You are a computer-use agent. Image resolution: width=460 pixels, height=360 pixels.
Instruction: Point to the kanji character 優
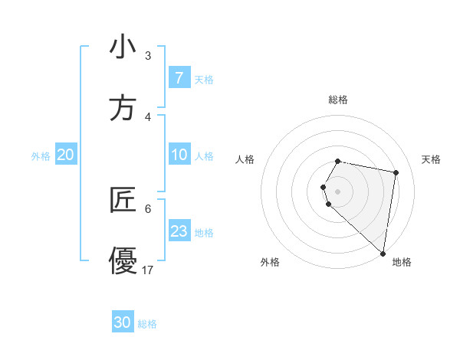click(123, 260)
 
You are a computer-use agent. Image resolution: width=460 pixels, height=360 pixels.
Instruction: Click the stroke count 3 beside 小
click(148, 56)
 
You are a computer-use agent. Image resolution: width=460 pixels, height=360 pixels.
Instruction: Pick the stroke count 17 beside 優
click(148, 270)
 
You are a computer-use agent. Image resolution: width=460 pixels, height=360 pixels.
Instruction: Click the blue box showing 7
click(179, 78)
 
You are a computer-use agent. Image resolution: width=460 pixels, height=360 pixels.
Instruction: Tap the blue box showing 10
click(179, 155)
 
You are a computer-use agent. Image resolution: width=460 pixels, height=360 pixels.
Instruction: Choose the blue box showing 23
click(179, 231)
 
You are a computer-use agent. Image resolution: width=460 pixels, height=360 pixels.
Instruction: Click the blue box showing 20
click(66, 155)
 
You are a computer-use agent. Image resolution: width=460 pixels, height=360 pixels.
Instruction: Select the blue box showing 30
click(123, 322)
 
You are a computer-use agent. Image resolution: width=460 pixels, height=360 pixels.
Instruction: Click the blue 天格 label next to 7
click(204, 79)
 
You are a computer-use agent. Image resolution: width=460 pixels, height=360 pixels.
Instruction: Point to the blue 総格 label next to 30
click(147, 324)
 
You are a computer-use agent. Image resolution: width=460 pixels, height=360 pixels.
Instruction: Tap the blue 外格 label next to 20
click(41, 156)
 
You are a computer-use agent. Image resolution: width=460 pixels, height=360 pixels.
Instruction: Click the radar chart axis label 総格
click(338, 100)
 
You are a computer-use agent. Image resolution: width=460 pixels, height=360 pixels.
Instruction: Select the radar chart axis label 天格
click(432, 159)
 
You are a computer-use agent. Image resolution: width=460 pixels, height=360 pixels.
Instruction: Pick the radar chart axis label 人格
click(245, 159)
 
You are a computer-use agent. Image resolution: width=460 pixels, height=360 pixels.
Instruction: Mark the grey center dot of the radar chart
click(338, 190)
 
